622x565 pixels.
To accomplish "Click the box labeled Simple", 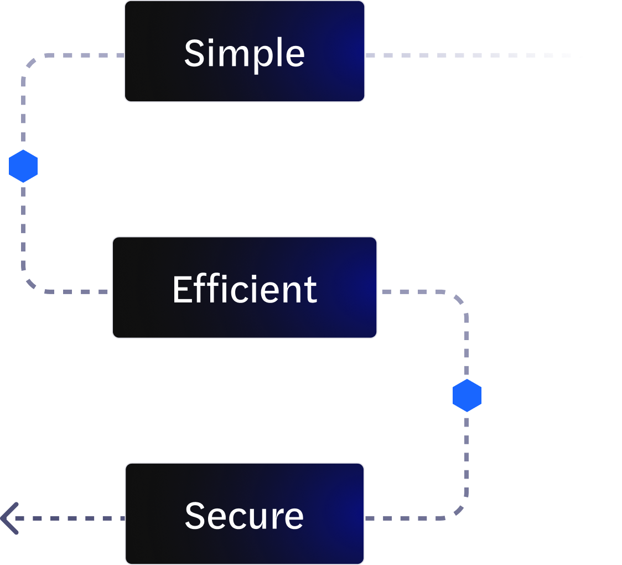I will tap(245, 52).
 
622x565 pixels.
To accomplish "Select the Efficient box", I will tap(245, 287).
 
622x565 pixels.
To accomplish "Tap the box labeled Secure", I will tap(245, 513).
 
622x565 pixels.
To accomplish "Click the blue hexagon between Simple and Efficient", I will tap(23, 166).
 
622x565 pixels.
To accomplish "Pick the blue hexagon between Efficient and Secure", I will tap(467, 395).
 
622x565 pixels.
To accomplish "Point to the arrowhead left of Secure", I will tap(10, 518).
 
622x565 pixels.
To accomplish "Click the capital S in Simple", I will tap(194, 53).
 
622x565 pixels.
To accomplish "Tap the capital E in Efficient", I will tap(182, 289).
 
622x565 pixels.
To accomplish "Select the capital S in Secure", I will tap(195, 515).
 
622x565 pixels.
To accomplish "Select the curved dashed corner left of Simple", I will tap(31, 62).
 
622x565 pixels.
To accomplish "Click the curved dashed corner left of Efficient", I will tap(31, 284).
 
